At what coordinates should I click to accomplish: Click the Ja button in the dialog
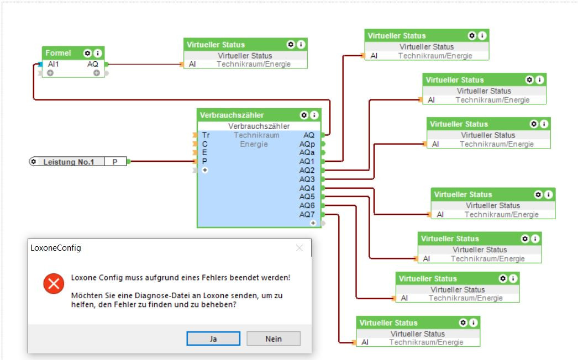coord(213,338)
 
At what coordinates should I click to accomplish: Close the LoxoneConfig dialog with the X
coord(299,248)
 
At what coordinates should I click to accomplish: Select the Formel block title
coord(58,53)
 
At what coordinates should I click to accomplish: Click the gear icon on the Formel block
coord(87,53)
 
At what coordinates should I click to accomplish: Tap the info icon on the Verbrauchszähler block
coord(314,115)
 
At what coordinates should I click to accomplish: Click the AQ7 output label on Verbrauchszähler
coord(307,214)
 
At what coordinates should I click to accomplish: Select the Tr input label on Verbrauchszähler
coord(206,135)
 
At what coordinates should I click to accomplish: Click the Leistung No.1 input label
coord(69,162)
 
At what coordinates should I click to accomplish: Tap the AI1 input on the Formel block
coord(54,64)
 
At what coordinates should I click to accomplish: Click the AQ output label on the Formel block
coord(93,64)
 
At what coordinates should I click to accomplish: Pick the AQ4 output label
coord(307,188)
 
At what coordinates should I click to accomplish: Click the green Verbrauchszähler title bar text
coord(232,115)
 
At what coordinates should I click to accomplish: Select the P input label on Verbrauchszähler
coord(205,161)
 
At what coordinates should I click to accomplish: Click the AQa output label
coord(307,152)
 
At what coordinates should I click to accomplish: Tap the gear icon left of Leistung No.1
coord(34,162)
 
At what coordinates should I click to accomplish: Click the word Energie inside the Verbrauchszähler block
coord(254,144)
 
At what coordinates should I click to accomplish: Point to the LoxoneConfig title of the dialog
coord(56,248)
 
